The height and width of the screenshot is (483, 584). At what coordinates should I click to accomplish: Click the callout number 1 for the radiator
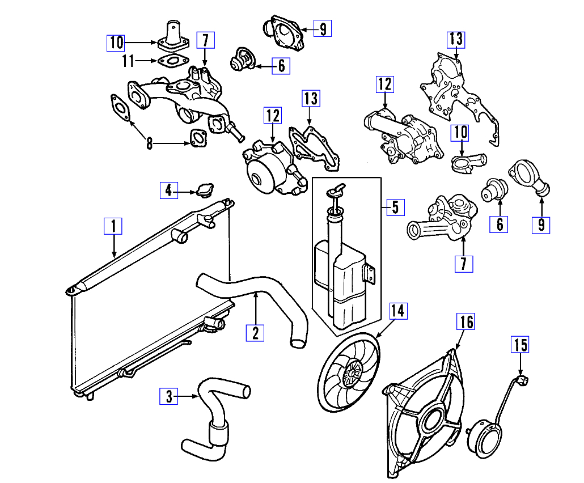click(x=113, y=226)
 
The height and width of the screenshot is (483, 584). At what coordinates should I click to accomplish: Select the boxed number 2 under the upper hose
click(x=255, y=332)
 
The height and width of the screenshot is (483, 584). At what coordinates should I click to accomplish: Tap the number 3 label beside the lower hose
click(x=168, y=396)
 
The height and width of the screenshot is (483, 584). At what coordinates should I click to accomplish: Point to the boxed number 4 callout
click(x=168, y=190)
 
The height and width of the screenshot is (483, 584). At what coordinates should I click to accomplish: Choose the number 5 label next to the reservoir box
click(x=396, y=207)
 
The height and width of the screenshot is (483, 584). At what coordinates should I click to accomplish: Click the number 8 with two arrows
click(x=149, y=143)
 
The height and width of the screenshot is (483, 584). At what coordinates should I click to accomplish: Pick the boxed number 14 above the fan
click(x=399, y=311)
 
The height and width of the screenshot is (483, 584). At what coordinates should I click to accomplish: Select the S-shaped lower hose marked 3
click(x=213, y=417)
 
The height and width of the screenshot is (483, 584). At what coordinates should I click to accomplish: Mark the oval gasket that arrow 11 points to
click(x=168, y=61)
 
